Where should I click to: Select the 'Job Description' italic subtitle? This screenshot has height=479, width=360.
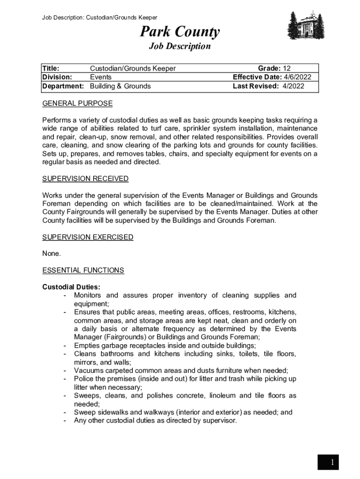pyautogui.click(x=180, y=46)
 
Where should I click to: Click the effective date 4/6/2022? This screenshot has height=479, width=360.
pyautogui.click(x=297, y=77)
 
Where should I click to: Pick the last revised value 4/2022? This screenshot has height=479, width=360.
pyautogui.click(x=293, y=86)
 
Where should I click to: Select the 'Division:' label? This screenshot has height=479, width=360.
pyautogui.click(x=57, y=77)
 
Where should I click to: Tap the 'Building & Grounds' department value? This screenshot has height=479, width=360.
pyautogui.click(x=120, y=86)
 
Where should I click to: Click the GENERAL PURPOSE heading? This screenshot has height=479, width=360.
pyautogui.click(x=77, y=103)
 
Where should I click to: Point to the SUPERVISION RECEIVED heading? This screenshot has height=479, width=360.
pyautogui.click(x=85, y=179)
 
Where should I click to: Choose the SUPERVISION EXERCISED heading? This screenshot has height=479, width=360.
pyautogui.click(x=87, y=237)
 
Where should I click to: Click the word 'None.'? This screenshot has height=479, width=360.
pyautogui.click(x=51, y=254)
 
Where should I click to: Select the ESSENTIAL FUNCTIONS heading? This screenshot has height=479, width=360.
pyautogui.click(x=83, y=270)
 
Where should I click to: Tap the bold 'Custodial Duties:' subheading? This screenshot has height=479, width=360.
pyautogui.click(x=71, y=287)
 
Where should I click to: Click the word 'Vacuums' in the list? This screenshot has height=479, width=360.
pyautogui.click(x=88, y=370)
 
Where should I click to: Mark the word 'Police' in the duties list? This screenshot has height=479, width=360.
pyautogui.click(x=84, y=379)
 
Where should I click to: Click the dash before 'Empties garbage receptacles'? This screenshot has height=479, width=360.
pyautogui.click(x=64, y=346)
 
